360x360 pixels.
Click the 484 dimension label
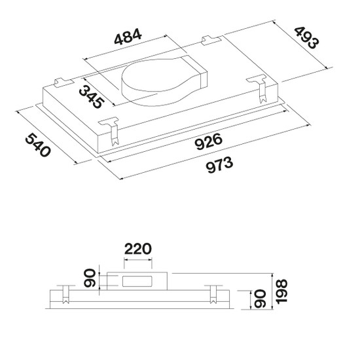point(128,37)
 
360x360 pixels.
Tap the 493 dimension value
point(306,38)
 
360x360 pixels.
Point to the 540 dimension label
point(37,145)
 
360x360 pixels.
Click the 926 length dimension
point(208,141)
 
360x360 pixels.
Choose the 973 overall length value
point(219,164)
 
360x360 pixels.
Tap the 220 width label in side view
point(137,249)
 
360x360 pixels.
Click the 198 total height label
point(281,291)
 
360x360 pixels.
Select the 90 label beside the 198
point(260,298)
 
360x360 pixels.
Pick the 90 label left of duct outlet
point(89,278)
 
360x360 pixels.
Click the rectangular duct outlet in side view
point(137,281)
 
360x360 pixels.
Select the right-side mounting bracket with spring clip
point(259,89)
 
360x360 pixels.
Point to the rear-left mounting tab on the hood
point(63,82)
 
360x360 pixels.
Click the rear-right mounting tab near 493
point(211,40)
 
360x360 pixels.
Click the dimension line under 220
point(137,260)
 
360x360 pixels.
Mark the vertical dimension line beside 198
point(272,291)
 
